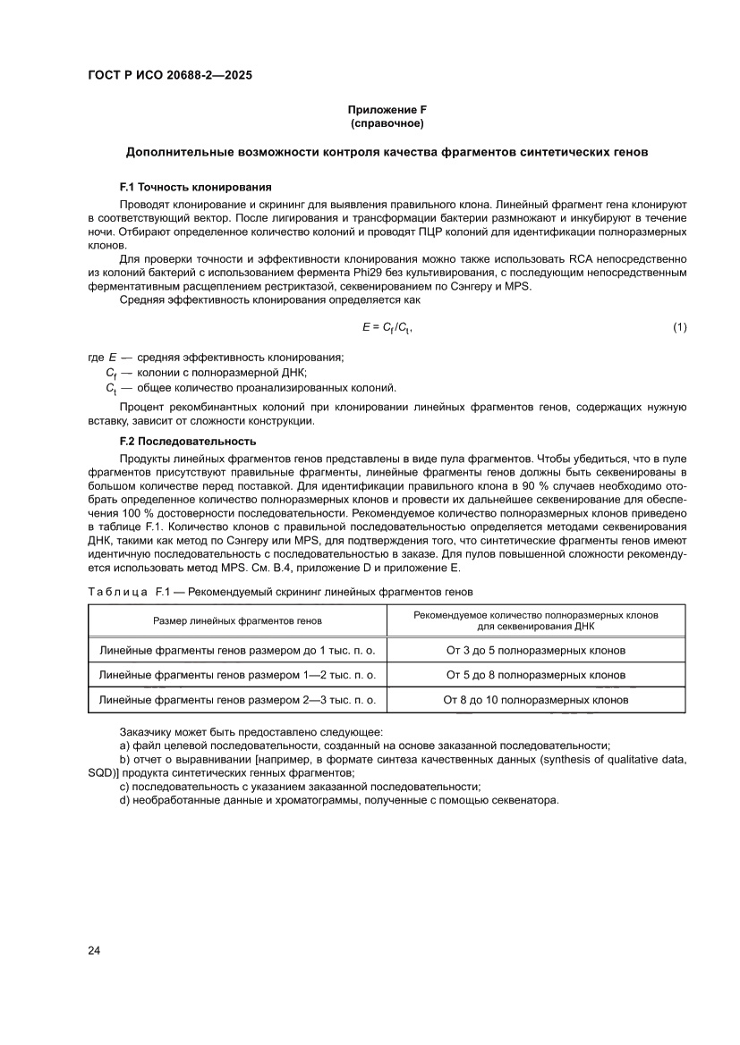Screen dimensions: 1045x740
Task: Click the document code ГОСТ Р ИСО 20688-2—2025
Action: pyautogui.click(x=169, y=76)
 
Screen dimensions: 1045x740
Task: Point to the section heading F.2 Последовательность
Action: pyautogui.click(x=187, y=441)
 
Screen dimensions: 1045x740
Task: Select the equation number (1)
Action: pyautogui.click(x=679, y=328)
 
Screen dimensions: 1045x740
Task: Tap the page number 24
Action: pyautogui.click(x=94, y=949)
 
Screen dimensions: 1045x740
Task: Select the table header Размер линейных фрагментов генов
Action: pyautogui.click(x=237, y=619)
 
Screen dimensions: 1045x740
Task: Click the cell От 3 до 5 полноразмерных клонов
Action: pyautogui.click(x=535, y=650)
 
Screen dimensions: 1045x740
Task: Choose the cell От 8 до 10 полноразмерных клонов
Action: pyautogui.click(x=535, y=700)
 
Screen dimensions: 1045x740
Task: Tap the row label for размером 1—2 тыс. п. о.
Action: pyautogui.click(x=237, y=675)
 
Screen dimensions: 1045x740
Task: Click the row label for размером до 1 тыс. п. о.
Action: pyautogui.click(x=237, y=650)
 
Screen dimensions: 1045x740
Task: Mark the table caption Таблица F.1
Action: pyautogui.click(x=128, y=592)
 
